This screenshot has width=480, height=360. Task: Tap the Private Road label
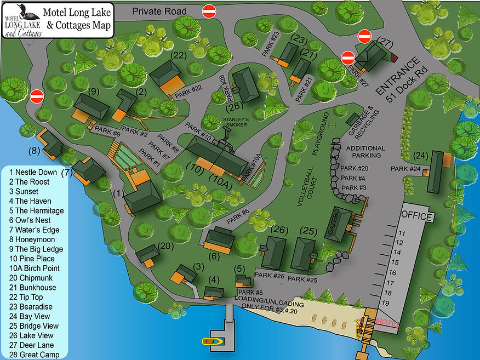click(x=159, y=11)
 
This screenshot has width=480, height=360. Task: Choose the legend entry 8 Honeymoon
click(x=31, y=239)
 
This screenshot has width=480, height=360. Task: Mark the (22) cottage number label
click(x=179, y=55)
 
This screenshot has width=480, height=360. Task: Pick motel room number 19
click(x=402, y=302)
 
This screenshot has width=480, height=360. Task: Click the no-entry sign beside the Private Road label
click(x=209, y=11)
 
